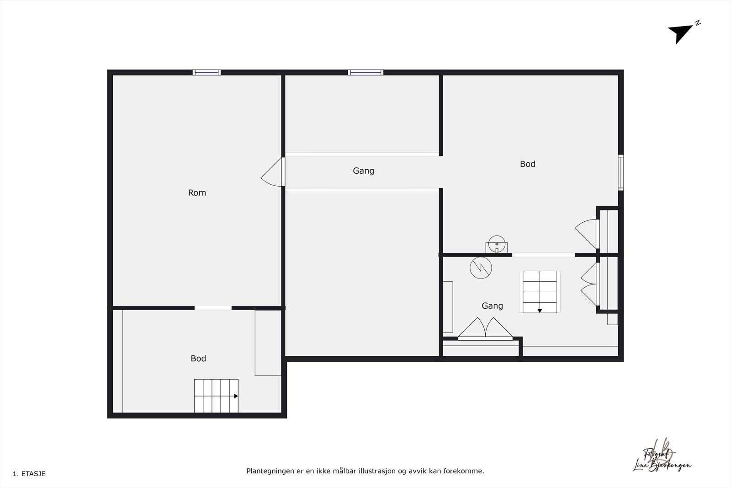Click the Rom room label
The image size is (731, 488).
pos(197,193)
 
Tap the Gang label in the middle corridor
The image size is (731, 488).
pos(363,171)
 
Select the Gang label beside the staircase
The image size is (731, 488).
pos(492,306)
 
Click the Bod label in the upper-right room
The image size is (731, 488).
pos(527,164)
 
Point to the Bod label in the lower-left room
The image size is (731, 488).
pos(198,359)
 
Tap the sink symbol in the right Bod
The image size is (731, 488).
pos(497,244)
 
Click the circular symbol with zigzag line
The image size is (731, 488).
pos(481,268)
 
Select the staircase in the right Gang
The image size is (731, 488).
pos(540,292)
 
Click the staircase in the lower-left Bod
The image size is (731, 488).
pos(216,396)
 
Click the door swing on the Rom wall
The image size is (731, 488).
pos(273,172)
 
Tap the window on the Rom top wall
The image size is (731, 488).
pos(207,72)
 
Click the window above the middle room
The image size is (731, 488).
pos(365,72)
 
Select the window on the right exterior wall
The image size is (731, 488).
pos(620,172)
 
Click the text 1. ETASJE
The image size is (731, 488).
pos(29,474)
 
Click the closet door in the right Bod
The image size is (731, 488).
pos(587,233)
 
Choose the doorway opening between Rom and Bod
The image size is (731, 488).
pos(213,308)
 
